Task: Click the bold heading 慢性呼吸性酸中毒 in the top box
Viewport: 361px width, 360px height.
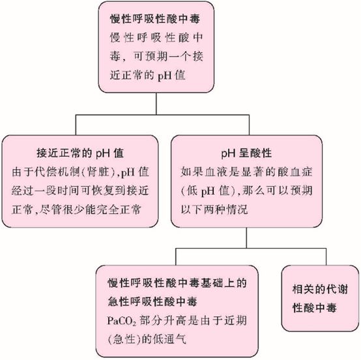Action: click(154, 19)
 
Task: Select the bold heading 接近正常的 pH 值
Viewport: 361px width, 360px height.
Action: click(80, 153)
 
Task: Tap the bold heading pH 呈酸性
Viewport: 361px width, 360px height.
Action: click(246, 153)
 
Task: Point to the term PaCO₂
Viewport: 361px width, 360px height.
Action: click(122, 321)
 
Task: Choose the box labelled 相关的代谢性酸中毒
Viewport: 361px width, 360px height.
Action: click(320, 298)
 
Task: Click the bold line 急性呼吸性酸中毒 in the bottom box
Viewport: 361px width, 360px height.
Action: click(152, 302)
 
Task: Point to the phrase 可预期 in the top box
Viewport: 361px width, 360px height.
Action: click(151, 57)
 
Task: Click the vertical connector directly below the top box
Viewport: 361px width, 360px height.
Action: click(156, 104)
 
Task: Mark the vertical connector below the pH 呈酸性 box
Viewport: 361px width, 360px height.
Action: click(246, 238)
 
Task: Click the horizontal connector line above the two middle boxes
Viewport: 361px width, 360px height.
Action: click(162, 115)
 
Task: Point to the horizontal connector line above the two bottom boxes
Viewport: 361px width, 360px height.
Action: click(251, 249)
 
